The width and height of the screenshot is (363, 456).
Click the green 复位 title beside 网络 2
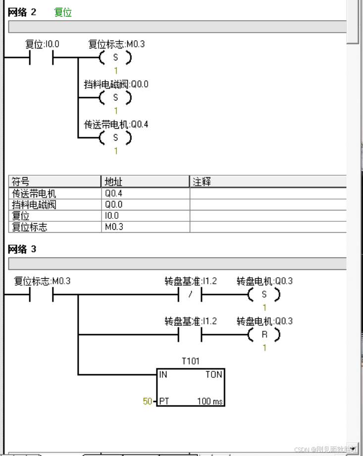coord(63,12)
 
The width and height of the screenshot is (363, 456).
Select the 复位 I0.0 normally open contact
coord(41,58)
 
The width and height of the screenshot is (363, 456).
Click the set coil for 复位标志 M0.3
coord(115,58)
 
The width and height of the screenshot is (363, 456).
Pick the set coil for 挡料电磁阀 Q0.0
coord(115,98)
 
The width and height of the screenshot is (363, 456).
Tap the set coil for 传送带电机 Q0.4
coord(115,137)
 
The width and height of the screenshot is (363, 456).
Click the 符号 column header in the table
coord(21,182)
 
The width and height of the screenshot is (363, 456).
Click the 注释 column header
coord(202,182)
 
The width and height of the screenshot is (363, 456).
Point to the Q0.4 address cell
coord(113,194)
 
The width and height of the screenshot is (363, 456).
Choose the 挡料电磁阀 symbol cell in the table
coord(34,204)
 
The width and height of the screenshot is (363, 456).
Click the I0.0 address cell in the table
coord(112,216)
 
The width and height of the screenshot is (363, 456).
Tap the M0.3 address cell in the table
coord(114,227)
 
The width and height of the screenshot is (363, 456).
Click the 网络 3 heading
coord(22,249)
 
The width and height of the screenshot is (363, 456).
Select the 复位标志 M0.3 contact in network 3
coord(41,295)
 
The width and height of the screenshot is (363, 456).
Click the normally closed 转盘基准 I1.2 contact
coord(190,295)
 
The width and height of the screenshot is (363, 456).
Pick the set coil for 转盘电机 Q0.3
coord(264,295)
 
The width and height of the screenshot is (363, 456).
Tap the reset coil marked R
coord(264,335)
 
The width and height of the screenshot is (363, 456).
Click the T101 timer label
coord(191,361)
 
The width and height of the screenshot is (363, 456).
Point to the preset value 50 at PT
coord(148,401)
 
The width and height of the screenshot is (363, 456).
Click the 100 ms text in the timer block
coord(210,401)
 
